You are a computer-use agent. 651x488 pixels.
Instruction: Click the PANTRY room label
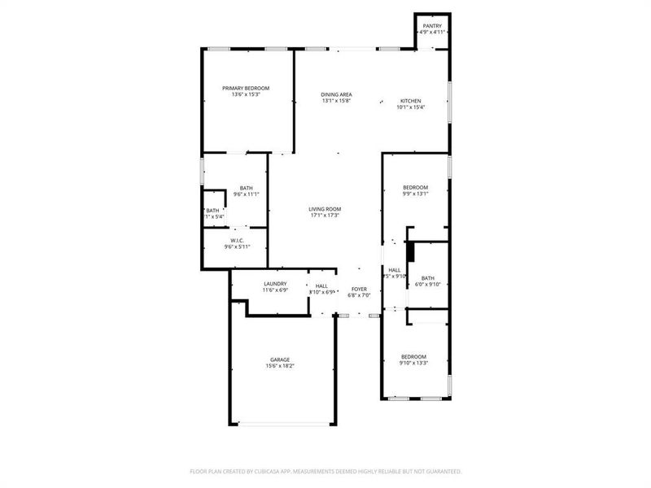(x=432, y=26)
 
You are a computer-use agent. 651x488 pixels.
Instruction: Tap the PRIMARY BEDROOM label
(x=246, y=88)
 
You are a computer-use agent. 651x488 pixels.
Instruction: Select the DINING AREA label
(x=336, y=94)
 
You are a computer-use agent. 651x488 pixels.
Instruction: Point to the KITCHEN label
(x=411, y=101)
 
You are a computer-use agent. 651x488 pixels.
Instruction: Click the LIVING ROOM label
(x=324, y=209)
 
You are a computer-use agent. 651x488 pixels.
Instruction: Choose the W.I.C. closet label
(x=238, y=240)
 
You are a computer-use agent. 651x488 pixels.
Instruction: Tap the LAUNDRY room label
(x=274, y=283)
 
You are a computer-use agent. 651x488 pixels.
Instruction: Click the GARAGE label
(x=280, y=359)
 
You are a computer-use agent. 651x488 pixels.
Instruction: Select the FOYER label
(x=359, y=289)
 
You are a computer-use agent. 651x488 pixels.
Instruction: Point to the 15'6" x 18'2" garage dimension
(x=280, y=366)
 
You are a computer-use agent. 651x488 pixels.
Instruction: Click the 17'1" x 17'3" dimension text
(x=324, y=216)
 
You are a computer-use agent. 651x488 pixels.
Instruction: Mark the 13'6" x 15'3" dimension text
(x=246, y=94)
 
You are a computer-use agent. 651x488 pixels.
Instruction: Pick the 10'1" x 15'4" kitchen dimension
(x=411, y=107)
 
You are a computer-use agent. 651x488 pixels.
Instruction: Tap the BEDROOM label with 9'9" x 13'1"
(x=415, y=187)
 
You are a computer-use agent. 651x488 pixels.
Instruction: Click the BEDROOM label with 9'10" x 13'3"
(x=413, y=356)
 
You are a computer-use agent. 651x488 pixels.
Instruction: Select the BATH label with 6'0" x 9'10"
(x=428, y=277)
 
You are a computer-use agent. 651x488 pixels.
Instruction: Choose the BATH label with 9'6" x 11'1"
(x=246, y=188)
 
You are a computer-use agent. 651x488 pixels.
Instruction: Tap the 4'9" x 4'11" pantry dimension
(x=432, y=33)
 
